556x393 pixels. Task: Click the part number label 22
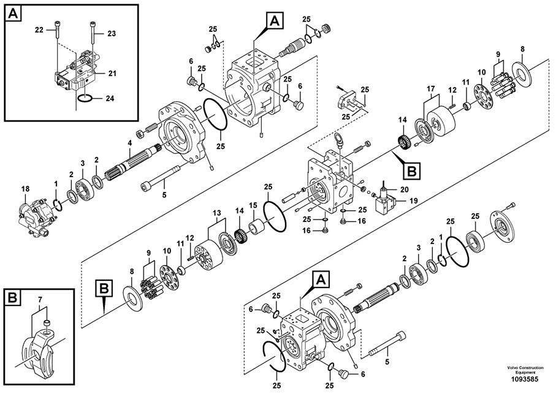point(39,29)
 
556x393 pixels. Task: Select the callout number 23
point(111,34)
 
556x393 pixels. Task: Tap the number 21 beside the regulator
point(112,74)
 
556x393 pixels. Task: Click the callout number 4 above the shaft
point(129,143)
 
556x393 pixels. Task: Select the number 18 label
point(25,190)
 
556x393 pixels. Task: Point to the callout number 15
point(253,205)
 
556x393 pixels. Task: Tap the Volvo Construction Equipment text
point(525,369)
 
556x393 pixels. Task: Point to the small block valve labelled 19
point(384,199)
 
